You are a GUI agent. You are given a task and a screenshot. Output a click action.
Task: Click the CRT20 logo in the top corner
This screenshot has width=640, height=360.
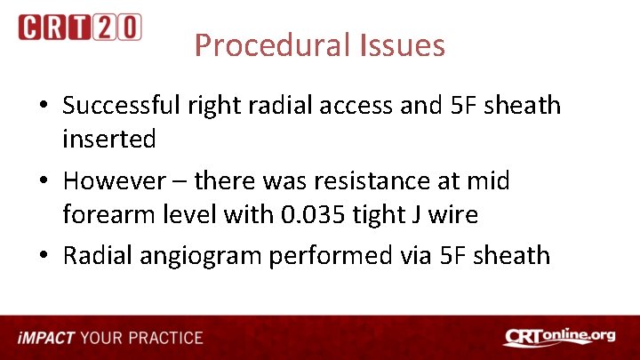(79, 27)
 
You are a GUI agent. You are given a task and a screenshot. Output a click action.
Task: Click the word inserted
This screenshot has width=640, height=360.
(109, 139)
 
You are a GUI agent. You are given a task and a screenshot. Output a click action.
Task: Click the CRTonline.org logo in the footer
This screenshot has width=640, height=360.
(559, 338)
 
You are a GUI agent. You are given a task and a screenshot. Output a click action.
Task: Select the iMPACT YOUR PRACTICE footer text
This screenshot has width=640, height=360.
(111, 338)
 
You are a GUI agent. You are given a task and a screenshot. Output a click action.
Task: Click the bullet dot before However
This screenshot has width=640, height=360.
(44, 182)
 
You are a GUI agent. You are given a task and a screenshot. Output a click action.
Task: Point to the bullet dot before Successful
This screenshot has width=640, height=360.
(44, 107)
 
